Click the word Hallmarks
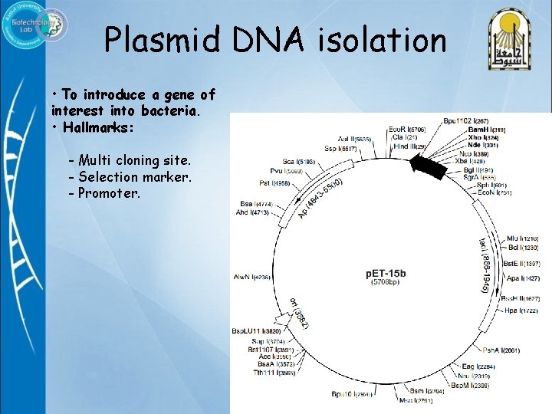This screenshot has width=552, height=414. point(99,128)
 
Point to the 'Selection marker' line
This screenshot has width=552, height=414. point(130,177)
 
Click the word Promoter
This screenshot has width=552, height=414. point(109,193)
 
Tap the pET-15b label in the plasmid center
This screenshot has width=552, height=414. point(386,273)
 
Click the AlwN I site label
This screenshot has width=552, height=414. point(252,277)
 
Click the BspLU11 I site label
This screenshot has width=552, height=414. point(258,331)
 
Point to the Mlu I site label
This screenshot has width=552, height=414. point(521,238)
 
